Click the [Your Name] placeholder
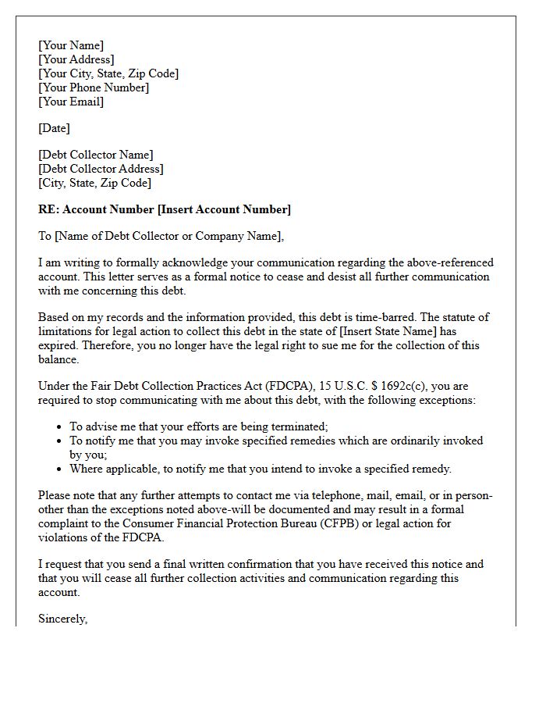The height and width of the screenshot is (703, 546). click(x=71, y=45)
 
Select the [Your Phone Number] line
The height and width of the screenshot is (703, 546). click(x=94, y=87)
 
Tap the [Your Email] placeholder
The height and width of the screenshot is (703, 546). click(x=71, y=102)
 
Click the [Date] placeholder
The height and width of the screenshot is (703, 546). click(x=55, y=128)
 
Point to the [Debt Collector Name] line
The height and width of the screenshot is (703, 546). click(x=96, y=155)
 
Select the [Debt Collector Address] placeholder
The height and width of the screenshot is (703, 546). click(x=101, y=169)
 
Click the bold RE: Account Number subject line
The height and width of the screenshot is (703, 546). click(x=165, y=209)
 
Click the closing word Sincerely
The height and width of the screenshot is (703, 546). click(x=63, y=619)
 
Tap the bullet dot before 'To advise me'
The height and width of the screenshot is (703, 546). click(x=60, y=427)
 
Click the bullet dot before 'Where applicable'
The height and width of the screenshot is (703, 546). click(x=60, y=469)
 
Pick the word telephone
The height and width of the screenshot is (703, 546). click(x=341, y=495)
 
